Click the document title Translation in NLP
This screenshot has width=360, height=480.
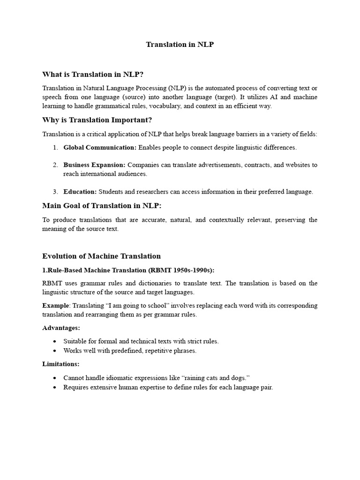pos(180,45)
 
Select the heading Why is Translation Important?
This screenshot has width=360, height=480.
pos(97,120)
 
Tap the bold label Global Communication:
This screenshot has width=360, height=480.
pos(100,148)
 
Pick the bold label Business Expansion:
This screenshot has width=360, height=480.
pos(94,165)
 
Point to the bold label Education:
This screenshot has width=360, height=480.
pos(80,191)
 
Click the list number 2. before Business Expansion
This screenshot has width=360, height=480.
pos(55,165)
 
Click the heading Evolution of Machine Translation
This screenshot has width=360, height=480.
pos(101,256)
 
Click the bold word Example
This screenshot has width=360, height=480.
pos(56,306)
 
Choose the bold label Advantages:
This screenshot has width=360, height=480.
pos(61,328)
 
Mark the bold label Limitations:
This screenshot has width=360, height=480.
pos(60,364)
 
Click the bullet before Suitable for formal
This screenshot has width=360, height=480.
pos(55,342)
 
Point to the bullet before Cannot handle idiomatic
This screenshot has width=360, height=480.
pos(55,378)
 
